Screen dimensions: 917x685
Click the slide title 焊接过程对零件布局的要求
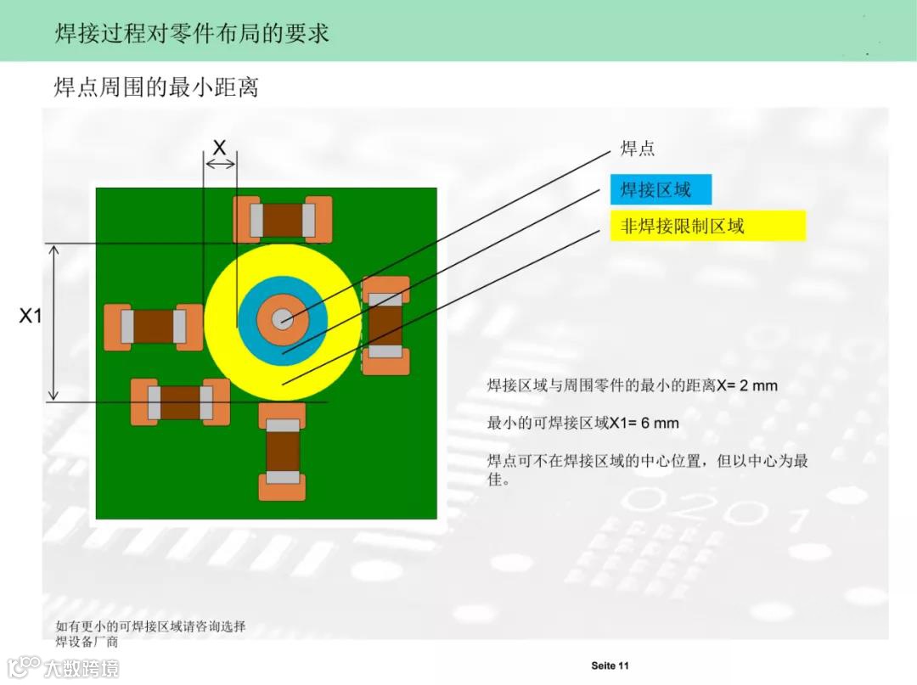pyautogui.click(x=192, y=33)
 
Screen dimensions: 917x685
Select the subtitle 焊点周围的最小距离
pyautogui.click(x=155, y=87)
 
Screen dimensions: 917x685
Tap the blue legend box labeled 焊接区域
pyautogui.click(x=660, y=189)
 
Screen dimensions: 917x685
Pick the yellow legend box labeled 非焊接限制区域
pyautogui.click(x=707, y=226)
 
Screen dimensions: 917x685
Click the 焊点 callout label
pyautogui.click(x=638, y=149)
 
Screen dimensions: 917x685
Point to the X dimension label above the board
pyautogui.click(x=219, y=148)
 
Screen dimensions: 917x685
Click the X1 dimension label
pyautogui.click(x=31, y=316)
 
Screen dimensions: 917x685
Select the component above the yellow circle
pyautogui.click(x=283, y=220)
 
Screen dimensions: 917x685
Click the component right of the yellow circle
pyautogui.click(x=386, y=324)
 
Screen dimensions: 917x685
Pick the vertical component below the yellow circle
pyautogui.click(x=283, y=451)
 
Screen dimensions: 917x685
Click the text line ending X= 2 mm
pyautogui.click(x=632, y=385)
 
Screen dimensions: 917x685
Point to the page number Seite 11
pyautogui.click(x=610, y=665)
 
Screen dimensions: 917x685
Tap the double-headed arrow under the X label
pyautogui.click(x=220, y=163)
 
